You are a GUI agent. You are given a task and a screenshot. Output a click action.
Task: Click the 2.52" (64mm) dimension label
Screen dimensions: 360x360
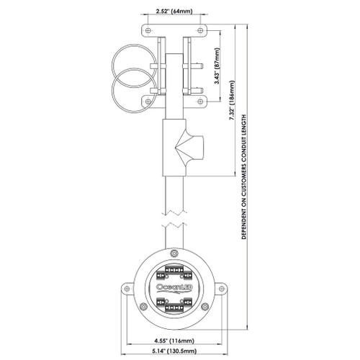click(174, 12)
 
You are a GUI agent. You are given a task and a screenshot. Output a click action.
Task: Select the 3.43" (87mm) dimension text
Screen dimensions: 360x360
click(217, 66)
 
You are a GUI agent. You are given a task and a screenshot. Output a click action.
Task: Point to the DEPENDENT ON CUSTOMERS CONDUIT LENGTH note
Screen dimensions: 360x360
click(244, 177)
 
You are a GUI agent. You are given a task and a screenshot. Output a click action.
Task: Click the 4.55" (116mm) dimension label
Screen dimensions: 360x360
click(174, 341)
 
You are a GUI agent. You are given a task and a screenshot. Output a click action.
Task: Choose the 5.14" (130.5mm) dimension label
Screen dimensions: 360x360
click(174, 351)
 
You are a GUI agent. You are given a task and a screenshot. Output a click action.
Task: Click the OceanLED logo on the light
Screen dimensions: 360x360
click(174, 287)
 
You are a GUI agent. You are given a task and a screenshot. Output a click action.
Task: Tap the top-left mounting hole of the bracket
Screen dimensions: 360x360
click(148, 31)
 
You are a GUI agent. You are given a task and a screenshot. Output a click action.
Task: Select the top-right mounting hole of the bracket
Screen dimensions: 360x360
click(200, 31)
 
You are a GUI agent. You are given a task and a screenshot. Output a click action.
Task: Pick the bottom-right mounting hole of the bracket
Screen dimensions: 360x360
click(200, 102)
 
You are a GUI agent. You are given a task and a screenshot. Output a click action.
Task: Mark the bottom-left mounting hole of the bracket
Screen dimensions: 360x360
click(148, 102)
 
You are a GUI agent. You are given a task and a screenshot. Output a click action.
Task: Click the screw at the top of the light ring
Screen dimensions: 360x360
click(174, 253)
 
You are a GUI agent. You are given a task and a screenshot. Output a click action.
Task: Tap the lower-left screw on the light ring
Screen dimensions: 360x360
click(144, 307)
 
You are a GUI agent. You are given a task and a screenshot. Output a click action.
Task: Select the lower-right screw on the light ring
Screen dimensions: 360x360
click(204, 307)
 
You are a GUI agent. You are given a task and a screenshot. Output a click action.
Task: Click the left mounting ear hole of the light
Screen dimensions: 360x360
click(127, 288)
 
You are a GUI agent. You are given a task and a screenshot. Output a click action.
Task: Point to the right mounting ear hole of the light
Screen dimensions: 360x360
click(222, 288)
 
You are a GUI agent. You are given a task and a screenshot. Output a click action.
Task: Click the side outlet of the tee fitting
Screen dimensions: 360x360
click(195, 147)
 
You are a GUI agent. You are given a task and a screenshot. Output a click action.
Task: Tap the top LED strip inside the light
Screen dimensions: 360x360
click(174, 270)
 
